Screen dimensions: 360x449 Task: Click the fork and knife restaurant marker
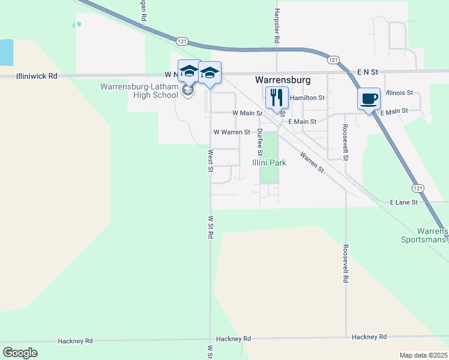pyautogui.click(x=277, y=97)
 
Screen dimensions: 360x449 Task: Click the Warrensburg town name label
pyautogui.click(x=283, y=79)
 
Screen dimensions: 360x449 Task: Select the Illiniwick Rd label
pyautogui.click(x=37, y=76)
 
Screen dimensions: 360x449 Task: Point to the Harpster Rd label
pyautogui.click(x=277, y=28)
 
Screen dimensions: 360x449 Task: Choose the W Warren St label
pyautogui.click(x=232, y=132)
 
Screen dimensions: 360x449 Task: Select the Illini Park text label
pyautogui.click(x=268, y=163)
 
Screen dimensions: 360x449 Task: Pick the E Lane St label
pyautogui.click(x=403, y=203)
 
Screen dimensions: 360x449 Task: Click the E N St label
pyautogui.click(x=367, y=72)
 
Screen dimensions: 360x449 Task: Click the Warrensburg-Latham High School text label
pyautogui.click(x=139, y=91)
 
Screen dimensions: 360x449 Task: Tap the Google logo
pyautogui.click(x=20, y=352)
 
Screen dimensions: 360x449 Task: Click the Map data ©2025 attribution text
pyautogui.click(x=423, y=355)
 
